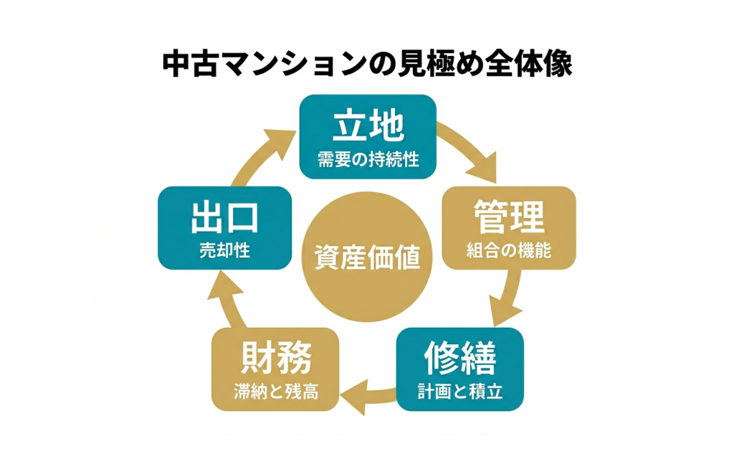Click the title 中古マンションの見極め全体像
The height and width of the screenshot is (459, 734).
367,64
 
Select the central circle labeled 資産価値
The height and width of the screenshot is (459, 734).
368,257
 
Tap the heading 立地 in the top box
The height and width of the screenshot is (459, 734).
368,127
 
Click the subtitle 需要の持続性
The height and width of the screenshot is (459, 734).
368,158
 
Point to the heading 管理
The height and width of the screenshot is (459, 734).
509,216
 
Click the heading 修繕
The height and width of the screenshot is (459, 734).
459,356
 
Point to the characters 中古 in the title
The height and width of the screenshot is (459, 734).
189,64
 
